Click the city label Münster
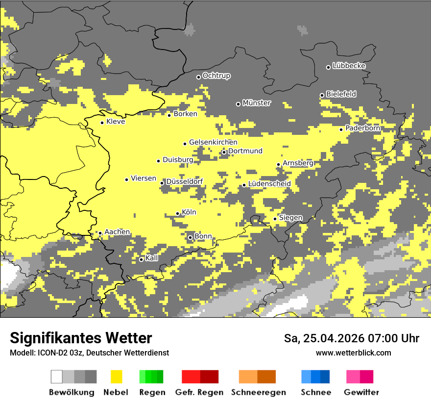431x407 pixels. tap(257, 103)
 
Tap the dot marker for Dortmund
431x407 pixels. tap(224, 152)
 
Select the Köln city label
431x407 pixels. tap(189, 212)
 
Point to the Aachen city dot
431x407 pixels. tap(100, 233)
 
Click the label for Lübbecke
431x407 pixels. tap(349, 66)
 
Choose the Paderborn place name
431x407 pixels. tap(363, 128)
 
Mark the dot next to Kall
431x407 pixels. tap(141, 259)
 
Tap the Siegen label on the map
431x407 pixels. tap(291, 218)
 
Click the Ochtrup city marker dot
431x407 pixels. tap(198, 76)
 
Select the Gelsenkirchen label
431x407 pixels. tap(213, 142)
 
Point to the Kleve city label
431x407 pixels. tap(116, 122)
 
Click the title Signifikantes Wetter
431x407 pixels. tap(81, 338)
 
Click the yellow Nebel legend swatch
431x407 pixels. tap(116, 377)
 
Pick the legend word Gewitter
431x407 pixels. tap(361, 392)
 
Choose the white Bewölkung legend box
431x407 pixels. tap(56, 377)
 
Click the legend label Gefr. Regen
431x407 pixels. tap(199, 392)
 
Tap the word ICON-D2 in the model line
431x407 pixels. tap(49, 353)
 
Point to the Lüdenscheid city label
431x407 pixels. tap(269, 184)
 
